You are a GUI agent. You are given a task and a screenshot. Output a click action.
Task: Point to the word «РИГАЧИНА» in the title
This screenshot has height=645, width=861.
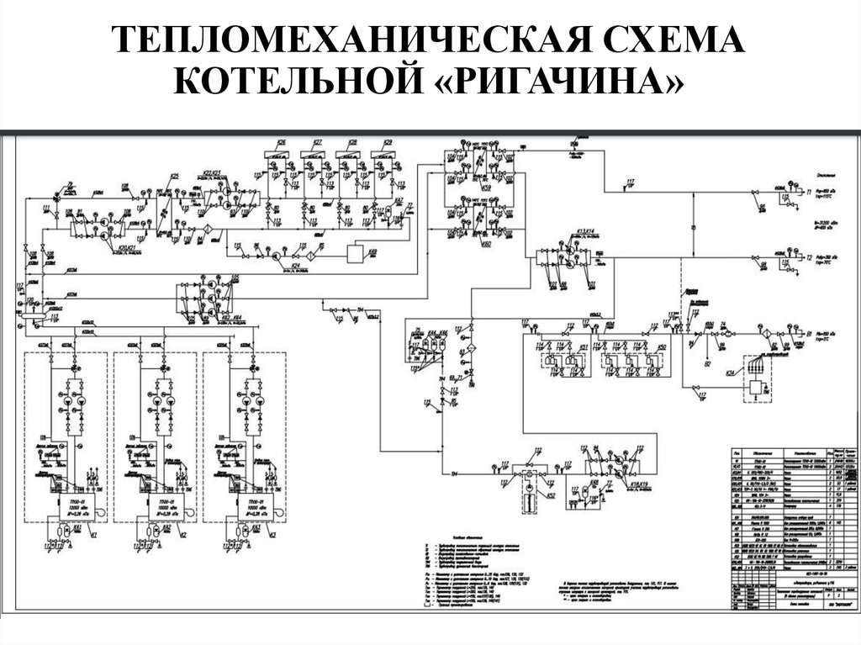tap(550, 82)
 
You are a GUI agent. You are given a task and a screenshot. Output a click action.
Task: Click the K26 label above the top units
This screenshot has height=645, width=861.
tap(281, 142)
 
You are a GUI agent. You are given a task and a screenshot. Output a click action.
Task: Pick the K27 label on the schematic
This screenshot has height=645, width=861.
tap(318, 142)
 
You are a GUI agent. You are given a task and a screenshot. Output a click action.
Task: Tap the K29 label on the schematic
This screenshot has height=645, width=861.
tap(388, 142)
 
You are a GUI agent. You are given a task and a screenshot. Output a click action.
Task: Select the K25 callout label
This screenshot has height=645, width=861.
tap(175, 177)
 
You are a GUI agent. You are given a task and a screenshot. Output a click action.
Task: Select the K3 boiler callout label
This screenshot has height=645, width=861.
tap(271, 535)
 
